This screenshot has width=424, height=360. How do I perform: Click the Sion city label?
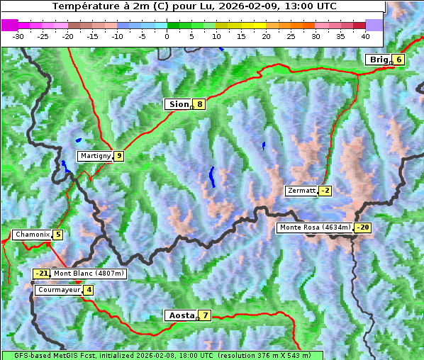(178, 104)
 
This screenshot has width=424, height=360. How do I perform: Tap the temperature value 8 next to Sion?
(200, 104)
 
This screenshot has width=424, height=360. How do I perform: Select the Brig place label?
(378, 60)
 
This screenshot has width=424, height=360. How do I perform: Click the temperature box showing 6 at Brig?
(399, 60)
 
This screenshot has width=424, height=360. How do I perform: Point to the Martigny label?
(94, 156)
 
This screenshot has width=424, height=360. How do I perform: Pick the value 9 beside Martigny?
(118, 156)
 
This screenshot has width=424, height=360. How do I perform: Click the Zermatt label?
(301, 191)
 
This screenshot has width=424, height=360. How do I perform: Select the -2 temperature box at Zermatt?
(325, 191)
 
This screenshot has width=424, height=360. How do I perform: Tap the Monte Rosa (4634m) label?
(314, 227)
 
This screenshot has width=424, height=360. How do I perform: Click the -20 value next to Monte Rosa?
(362, 227)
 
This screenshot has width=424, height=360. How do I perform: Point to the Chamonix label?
(31, 235)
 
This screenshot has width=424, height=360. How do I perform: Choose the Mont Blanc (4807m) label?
(89, 274)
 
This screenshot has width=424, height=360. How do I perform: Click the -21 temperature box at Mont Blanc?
(42, 274)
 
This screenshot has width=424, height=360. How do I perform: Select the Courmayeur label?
(58, 290)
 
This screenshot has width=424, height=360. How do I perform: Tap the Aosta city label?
(180, 315)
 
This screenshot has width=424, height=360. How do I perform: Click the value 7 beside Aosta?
(205, 315)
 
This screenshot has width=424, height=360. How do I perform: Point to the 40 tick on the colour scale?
(365, 36)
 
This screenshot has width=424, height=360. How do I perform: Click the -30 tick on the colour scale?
(18, 36)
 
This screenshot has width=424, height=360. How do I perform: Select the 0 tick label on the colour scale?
(167, 36)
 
